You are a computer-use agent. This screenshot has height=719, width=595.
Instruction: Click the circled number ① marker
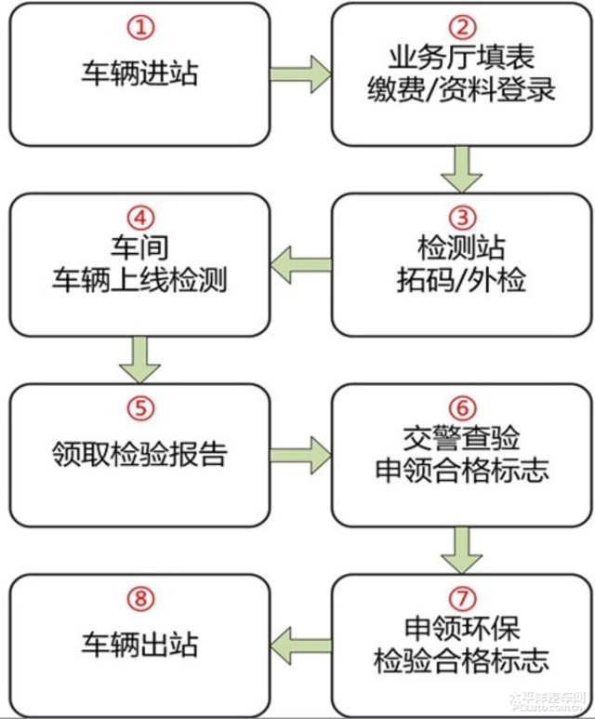point(139,27)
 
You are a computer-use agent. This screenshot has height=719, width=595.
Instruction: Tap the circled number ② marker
point(462,27)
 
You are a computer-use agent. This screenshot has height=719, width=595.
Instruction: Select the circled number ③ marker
point(462,218)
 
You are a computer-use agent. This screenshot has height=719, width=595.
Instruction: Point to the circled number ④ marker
point(139,218)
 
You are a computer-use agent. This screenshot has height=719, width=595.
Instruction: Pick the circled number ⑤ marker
point(139,408)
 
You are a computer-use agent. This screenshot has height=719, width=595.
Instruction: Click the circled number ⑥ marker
point(462,408)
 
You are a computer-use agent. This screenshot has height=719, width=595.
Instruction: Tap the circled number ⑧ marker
point(139,598)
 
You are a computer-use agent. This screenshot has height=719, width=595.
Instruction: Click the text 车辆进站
point(139,73)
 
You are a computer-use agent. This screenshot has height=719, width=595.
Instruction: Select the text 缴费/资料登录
point(462,90)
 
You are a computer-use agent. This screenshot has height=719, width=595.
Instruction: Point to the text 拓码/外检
point(462,280)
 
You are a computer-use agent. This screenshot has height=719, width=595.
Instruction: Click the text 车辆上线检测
point(139,280)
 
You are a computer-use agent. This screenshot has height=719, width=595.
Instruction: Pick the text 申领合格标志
point(462,470)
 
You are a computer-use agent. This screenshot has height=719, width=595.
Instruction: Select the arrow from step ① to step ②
point(299,73)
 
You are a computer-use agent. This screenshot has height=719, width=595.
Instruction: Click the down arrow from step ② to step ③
point(462,169)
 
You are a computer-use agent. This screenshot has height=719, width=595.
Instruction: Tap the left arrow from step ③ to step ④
point(299,264)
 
